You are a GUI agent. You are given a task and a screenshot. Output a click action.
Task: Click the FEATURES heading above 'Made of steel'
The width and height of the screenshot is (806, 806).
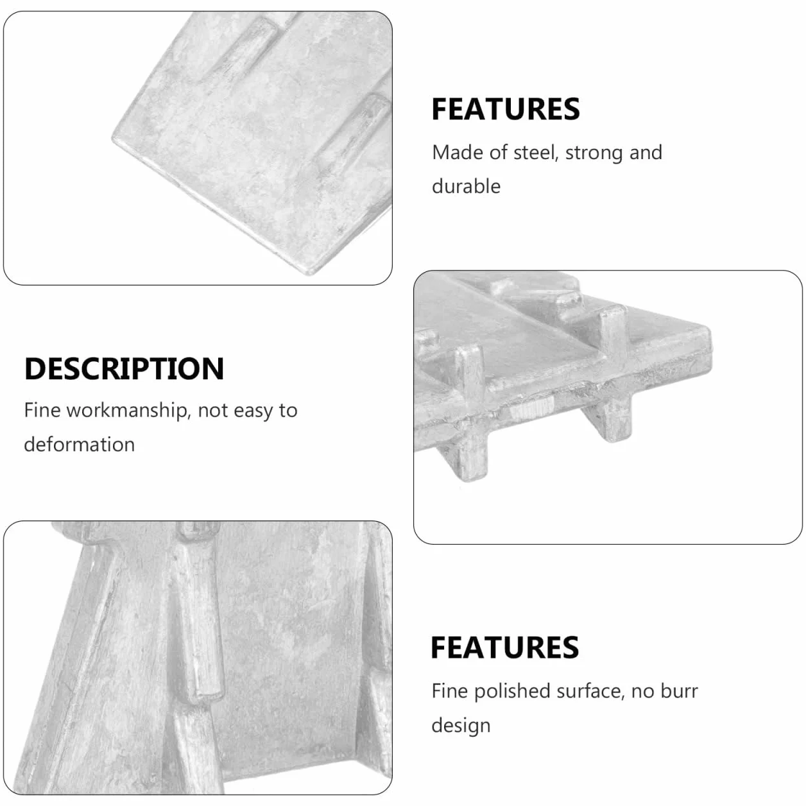(x=505, y=109)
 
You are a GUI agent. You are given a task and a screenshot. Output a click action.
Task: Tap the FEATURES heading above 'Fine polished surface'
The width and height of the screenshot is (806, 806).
(x=505, y=647)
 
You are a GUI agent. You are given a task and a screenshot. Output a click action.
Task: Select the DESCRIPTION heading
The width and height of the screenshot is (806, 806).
(x=124, y=369)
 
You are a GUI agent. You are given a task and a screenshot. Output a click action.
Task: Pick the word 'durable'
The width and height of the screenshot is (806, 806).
(x=466, y=186)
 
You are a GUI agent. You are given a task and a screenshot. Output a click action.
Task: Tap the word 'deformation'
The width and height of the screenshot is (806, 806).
(x=80, y=444)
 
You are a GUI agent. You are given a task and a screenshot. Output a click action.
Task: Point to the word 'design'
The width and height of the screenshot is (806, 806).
(x=461, y=726)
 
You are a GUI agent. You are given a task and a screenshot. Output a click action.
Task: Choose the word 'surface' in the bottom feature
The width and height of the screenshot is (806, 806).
(x=593, y=692)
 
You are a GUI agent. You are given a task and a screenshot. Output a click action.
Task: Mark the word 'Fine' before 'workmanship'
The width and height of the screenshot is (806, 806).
(x=42, y=410)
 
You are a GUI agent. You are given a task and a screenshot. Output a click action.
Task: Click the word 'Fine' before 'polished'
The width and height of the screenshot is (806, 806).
(x=450, y=691)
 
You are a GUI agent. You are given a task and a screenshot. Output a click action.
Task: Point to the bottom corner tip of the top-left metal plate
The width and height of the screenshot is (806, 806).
(x=309, y=273)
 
